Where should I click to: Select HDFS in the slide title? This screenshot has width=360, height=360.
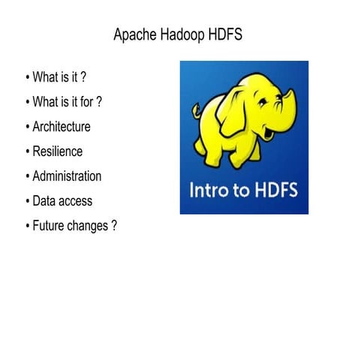click(224, 35)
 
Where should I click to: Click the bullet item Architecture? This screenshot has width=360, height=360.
click(61, 127)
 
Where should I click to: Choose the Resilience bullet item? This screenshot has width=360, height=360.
click(58, 151)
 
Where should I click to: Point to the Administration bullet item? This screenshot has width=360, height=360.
click(67, 176)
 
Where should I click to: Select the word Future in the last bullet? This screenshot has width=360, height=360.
click(49, 226)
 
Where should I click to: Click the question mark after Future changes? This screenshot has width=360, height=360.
click(114, 226)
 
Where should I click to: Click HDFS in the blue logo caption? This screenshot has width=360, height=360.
click(275, 190)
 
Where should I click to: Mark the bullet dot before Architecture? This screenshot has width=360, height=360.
click(27, 127)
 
